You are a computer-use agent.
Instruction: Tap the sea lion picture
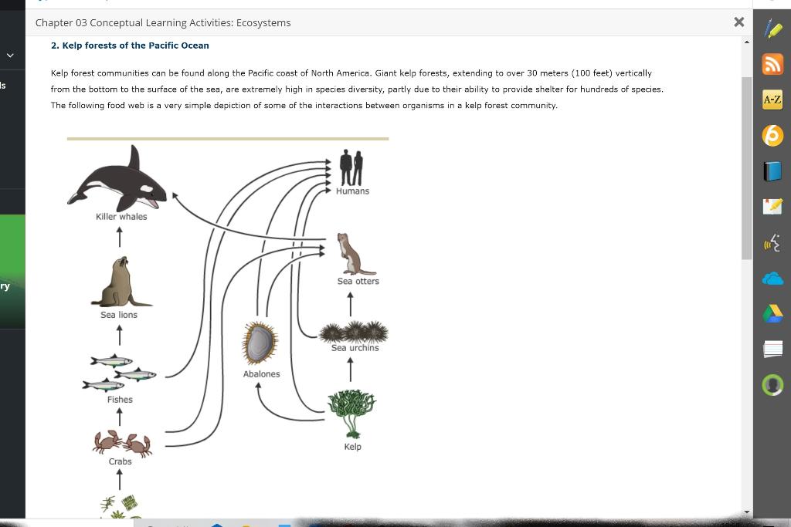coord(121,283)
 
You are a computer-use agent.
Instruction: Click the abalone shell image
coord(260,343)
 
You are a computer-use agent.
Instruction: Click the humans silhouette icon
coord(351,167)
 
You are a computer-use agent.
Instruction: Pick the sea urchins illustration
coord(354,333)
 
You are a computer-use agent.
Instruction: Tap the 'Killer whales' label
coord(121,217)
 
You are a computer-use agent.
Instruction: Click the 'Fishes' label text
coord(120,400)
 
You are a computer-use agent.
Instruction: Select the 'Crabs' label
coord(120,461)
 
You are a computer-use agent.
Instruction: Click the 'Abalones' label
coord(261,374)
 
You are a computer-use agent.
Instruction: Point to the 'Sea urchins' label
coord(355,348)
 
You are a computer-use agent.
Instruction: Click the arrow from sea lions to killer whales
coord(120,237)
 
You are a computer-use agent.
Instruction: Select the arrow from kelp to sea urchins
coord(351,370)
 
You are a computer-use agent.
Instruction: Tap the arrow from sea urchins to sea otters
coord(351,303)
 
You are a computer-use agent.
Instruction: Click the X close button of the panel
coord(739,22)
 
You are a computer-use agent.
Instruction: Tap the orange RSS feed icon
coord(772,65)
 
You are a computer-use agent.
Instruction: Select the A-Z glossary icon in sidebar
coord(772,100)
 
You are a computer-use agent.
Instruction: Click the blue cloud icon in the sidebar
coord(772,279)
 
